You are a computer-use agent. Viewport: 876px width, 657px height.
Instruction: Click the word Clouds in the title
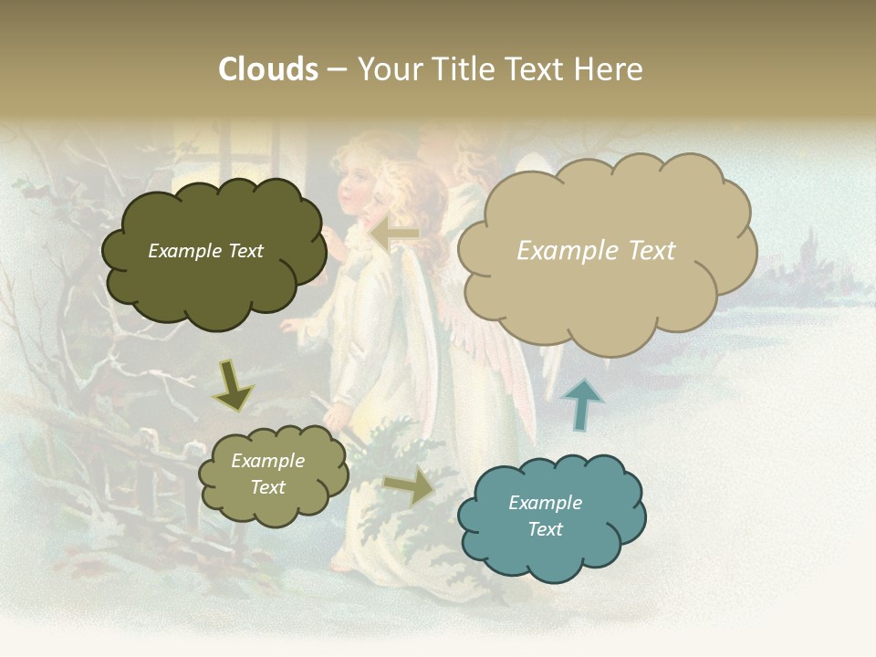[x=268, y=69]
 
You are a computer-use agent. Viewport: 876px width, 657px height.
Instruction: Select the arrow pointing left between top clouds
[x=394, y=234]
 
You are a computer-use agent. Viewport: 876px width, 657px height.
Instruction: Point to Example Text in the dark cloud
[x=205, y=251]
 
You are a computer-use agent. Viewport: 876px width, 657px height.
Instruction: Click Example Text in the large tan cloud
[x=596, y=250]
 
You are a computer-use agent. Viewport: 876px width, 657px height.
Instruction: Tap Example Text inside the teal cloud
[x=545, y=516]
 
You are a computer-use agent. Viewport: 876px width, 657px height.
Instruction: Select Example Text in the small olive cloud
[x=267, y=474]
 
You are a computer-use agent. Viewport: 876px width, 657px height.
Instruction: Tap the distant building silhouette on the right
[x=808, y=265]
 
